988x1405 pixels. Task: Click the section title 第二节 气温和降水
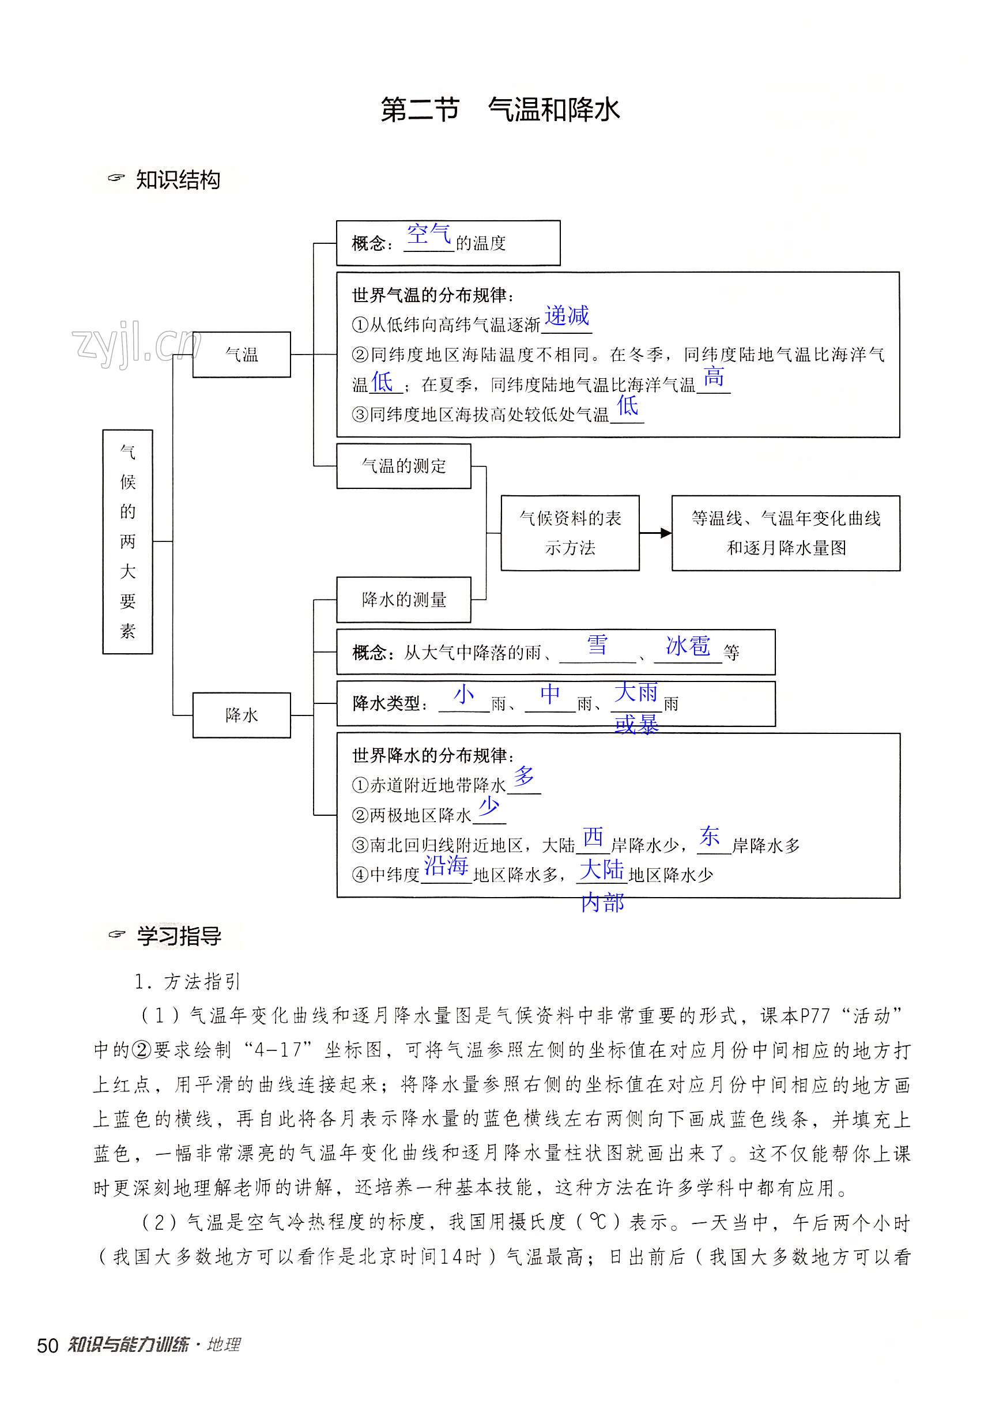click(500, 110)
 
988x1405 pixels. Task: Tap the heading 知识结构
click(178, 180)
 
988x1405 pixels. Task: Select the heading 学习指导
click(179, 936)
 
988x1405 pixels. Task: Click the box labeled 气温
click(242, 355)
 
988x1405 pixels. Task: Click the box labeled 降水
click(242, 715)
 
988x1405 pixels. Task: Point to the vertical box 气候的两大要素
click(127, 541)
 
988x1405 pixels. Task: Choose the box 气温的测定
click(404, 466)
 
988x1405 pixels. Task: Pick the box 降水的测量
click(404, 600)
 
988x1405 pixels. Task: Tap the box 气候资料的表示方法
click(570, 533)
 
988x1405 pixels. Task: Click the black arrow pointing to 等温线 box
click(656, 533)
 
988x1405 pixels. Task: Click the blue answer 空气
click(429, 233)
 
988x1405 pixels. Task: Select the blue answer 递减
click(567, 316)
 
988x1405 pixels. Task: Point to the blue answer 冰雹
click(688, 646)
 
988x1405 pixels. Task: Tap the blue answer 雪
click(597, 645)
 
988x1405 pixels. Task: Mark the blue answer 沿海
click(446, 865)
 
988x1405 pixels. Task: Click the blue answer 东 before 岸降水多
click(710, 836)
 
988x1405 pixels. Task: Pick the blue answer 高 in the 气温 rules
click(713, 377)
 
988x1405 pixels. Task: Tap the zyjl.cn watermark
click(136, 345)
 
